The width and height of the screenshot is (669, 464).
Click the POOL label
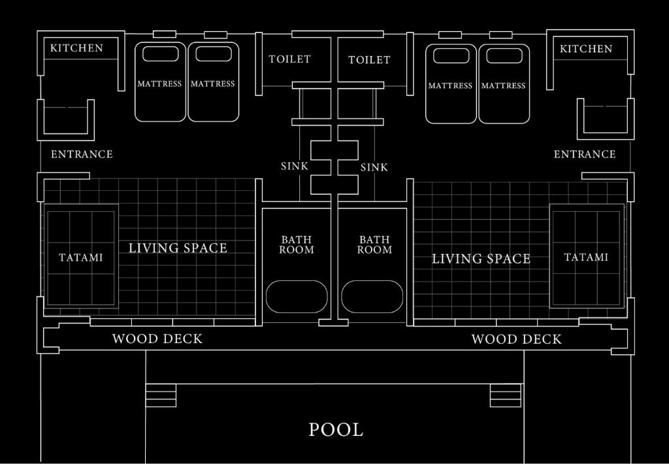point(336,429)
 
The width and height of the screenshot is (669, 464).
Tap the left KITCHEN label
point(77,48)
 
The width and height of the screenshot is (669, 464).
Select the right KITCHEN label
point(586,48)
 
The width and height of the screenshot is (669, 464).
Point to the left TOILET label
point(289,59)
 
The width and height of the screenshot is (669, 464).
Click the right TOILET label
point(369,59)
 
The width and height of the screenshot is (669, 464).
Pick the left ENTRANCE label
point(82,154)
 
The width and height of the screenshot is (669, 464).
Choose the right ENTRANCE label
point(585,154)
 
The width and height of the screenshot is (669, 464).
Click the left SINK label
point(295,166)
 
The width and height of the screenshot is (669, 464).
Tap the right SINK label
point(374,167)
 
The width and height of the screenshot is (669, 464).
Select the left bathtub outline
point(297,297)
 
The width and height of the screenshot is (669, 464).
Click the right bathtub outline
point(372,297)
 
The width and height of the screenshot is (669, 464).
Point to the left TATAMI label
point(80,257)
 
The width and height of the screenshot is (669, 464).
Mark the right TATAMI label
point(586,257)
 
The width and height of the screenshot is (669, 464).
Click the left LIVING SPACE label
point(178,248)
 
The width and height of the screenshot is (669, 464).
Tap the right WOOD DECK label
point(516,339)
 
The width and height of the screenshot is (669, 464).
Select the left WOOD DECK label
point(157,339)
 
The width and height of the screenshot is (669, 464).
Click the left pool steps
point(161,395)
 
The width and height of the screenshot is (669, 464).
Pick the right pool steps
point(506,395)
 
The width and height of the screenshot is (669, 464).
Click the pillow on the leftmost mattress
point(161,54)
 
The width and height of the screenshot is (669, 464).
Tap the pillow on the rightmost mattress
point(504,56)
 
